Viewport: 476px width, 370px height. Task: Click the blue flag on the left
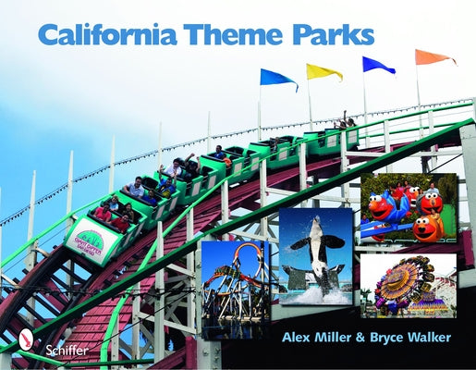click(x=277, y=79)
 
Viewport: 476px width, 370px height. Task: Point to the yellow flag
click(x=323, y=71)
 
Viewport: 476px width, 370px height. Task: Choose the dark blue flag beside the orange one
click(x=377, y=65)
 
